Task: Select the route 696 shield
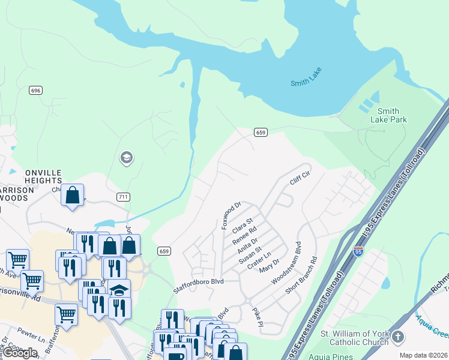coord(35,90)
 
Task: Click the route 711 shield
coord(123,197)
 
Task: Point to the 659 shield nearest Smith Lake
coord(260,132)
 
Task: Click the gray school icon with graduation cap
coord(126,158)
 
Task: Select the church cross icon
coord(397,338)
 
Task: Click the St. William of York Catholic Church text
coord(354,338)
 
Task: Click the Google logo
coord(20,353)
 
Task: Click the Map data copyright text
coord(423,355)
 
